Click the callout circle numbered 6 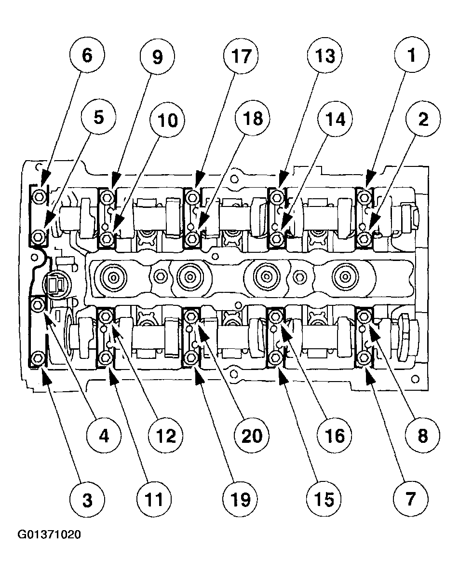coord(87,56)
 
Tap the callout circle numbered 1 coord(411,56)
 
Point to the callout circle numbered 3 coord(87,500)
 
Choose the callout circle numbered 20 coord(252,436)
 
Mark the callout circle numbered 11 coord(154,500)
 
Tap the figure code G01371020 coord(50,535)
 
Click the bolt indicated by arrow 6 coord(39,196)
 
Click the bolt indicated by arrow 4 coord(38,304)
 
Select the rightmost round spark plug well coord(344,276)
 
